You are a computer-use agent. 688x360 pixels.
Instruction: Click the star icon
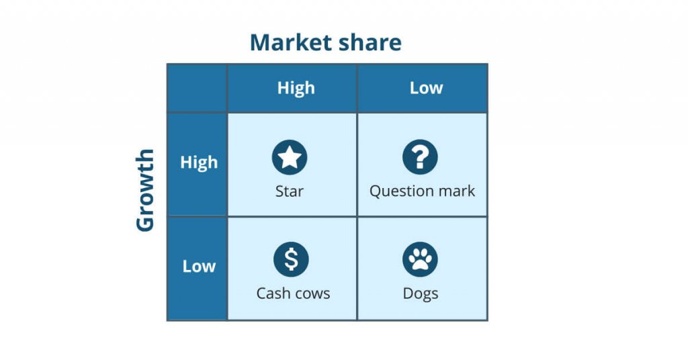click(x=290, y=158)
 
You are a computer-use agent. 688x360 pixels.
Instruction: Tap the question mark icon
click(x=420, y=158)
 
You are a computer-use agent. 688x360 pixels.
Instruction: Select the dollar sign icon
click(x=291, y=259)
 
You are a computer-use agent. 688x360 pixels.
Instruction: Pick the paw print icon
click(x=420, y=259)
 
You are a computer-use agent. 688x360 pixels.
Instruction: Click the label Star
click(x=290, y=191)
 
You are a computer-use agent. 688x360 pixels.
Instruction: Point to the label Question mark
click(x=422, y=191)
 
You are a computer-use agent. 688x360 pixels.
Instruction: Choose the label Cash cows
click(x=293, y=294)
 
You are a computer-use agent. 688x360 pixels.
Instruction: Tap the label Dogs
click(x=421, y=294)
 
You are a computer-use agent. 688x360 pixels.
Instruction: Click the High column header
click(x=296, y=88)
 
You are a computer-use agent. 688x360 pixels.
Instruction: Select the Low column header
click(x=426, y=88)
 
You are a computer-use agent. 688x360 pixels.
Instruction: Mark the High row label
click(x=199, y=163)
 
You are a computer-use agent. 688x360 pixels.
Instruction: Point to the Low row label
click(x=199, y=266)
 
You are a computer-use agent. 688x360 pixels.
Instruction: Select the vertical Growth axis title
click(x=145, y=191)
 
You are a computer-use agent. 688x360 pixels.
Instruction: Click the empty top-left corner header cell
click(x=197, y=88)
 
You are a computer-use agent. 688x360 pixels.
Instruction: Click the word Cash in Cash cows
click(x=271, y=294)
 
